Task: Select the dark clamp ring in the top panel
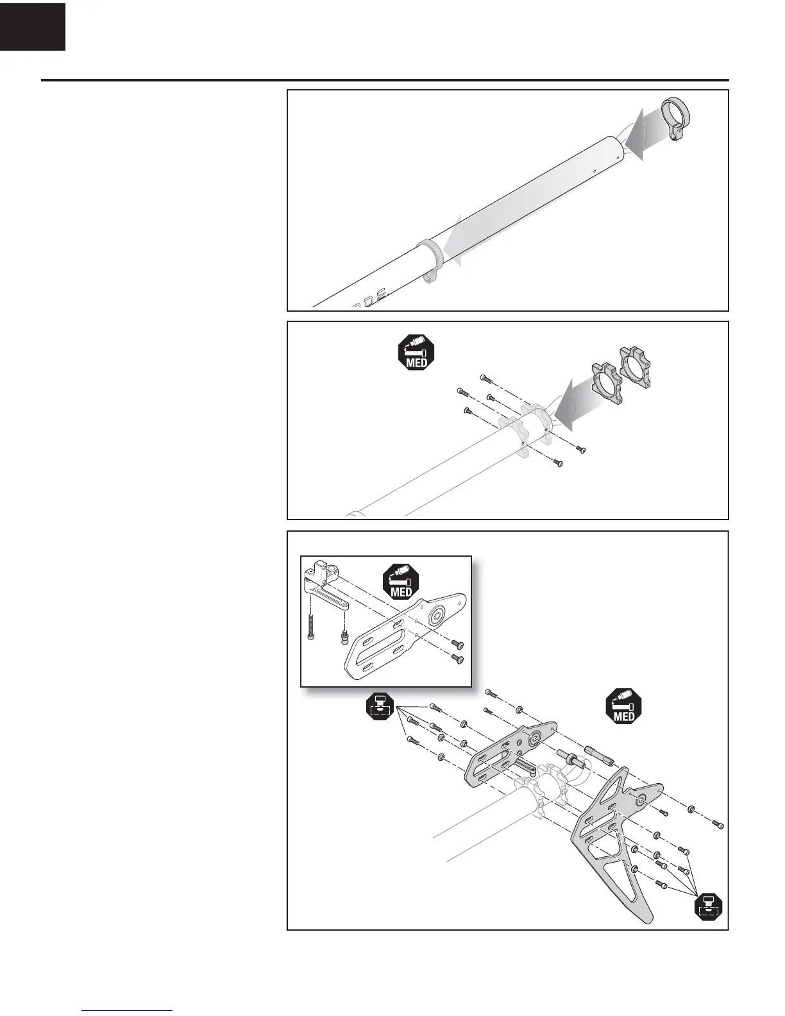point(675,115)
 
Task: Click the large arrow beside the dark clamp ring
point(635,134)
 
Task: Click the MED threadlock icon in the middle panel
point(417,352)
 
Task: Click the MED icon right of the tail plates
point(624,706)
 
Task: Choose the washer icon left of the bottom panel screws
point(379,707)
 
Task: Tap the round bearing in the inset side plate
point(439,616)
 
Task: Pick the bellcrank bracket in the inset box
point(324,584)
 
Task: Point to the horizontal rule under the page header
point(385,81)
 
